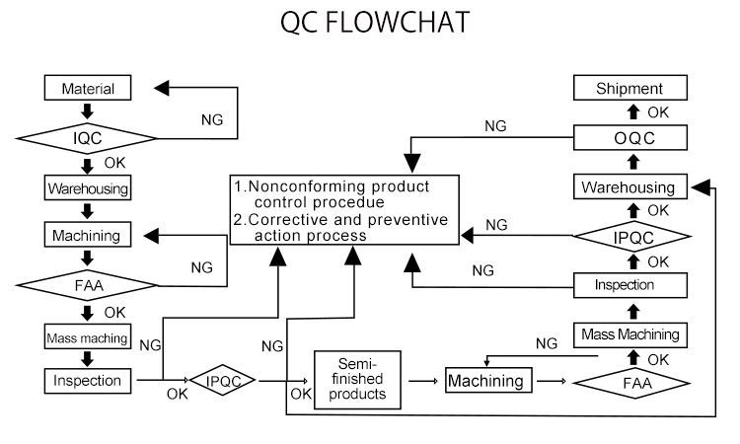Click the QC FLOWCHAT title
pos(370,23)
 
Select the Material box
pos(88,88)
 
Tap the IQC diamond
pos(88,138)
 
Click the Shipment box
pos(629,89)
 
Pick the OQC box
pos(629,139)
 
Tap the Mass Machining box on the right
pos(629,334)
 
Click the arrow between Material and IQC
pos(88,111)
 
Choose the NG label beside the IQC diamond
pos(212,119)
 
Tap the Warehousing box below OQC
pos(629,186)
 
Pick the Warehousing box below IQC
pos(88,186)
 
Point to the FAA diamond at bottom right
pos(629,379)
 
